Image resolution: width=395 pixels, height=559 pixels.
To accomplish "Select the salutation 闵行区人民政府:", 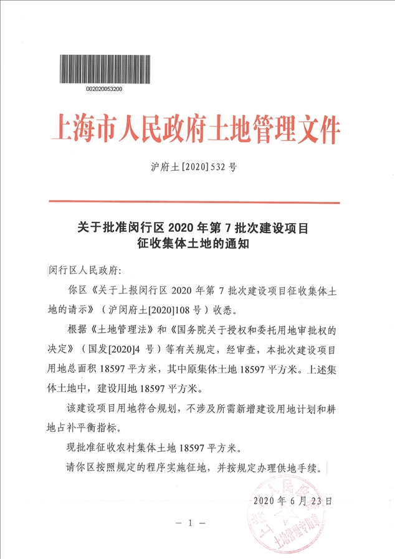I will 82,271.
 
